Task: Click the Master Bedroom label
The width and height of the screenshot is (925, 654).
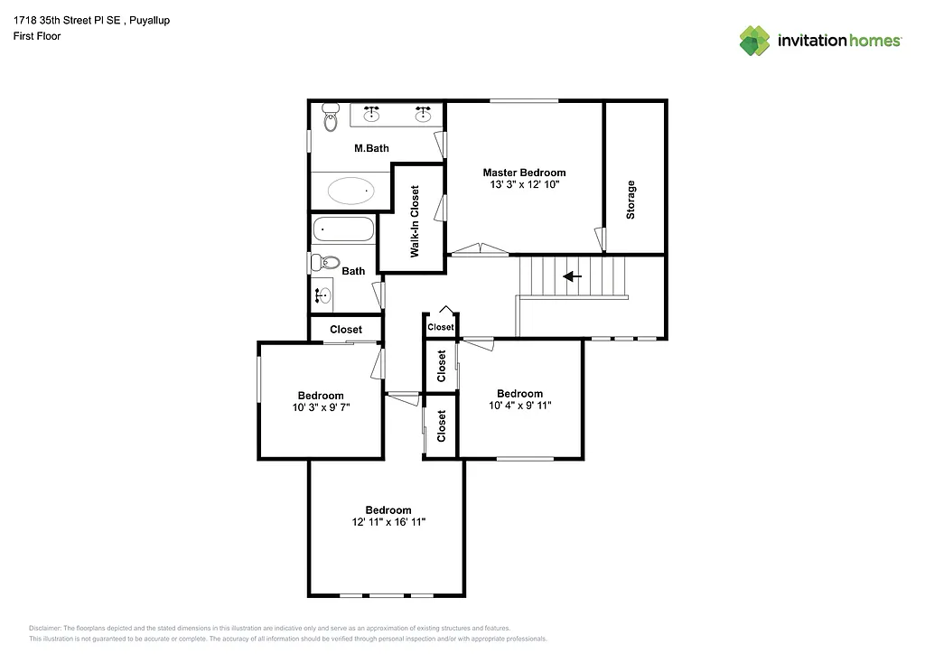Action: pyautogui.click(x=524, y=173)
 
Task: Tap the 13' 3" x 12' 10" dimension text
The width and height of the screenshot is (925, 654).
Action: pyautogui.click(x=524, y=185)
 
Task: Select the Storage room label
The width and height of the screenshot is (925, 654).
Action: pyautogui.click(x=631, y=200)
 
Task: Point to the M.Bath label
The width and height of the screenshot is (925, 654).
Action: pyautogui.click(x=371, y=148)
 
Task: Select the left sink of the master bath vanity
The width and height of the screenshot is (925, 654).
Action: pyautogui.click(x=371, y=114)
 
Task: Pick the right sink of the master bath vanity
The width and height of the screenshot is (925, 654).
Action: pyautogui.click(x=422, y=114)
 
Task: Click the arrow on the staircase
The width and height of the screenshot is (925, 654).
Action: pyautogui.click(x=572, y=276)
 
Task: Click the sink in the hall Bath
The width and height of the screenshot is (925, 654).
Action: pyautogui.click(x=322, y=294)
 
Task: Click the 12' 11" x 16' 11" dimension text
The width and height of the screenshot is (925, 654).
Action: pyautogui.click(x=388, y=522)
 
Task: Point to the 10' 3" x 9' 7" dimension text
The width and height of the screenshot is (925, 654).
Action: pyautogui.click(x=321, y=407)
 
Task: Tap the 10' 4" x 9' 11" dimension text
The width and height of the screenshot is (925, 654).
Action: pyautogui.click(x=519, y=406)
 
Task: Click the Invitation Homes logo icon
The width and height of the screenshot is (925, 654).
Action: pyautogui.click(x=755, y=41)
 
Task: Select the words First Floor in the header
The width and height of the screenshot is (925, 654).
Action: pyautogui.click(x=37, y=36)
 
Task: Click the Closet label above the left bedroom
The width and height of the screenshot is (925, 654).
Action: pyautogui.click(x=346, y=330)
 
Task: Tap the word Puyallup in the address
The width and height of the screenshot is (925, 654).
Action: pyautogui.click(x=149, y=20)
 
